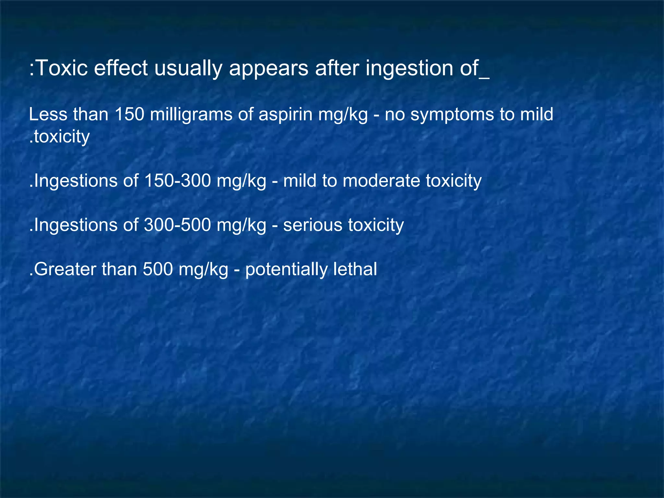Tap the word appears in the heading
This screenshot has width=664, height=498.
268,69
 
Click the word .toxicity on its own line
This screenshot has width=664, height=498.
59,137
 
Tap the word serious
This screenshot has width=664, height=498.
313,225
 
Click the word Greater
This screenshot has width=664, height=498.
63,269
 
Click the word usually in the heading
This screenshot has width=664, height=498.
188,69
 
